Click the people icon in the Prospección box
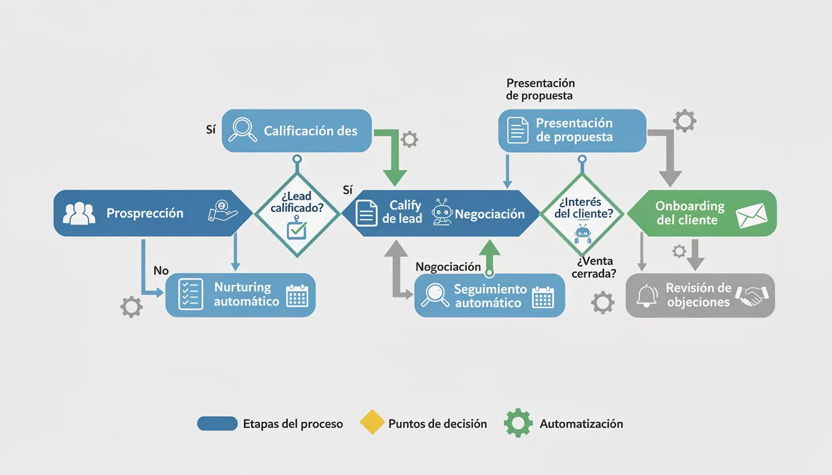79,213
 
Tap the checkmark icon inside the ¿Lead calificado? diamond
297,231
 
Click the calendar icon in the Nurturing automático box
297,296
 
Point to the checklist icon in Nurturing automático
190,294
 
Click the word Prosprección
145,213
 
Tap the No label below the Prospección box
161,271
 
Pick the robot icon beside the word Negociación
442,212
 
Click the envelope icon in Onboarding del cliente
752,215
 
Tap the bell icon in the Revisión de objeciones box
648,296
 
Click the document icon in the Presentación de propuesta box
518,131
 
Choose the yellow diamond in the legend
372,423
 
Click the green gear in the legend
518,423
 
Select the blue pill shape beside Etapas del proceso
217,424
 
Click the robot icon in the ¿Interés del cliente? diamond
583,234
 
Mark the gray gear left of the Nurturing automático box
131,307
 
